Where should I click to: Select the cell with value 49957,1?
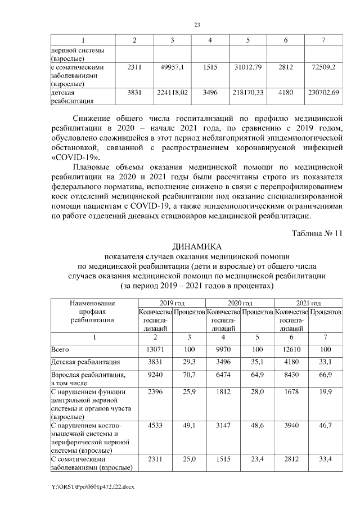coord(172,67)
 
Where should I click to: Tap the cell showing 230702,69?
coord(323,92)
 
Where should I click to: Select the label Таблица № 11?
coord(317,233)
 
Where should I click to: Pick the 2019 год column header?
coord(171,303)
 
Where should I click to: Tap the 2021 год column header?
coord(309,303)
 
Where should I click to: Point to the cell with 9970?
coord(223,350)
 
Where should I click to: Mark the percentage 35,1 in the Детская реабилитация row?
coord(258,362)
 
